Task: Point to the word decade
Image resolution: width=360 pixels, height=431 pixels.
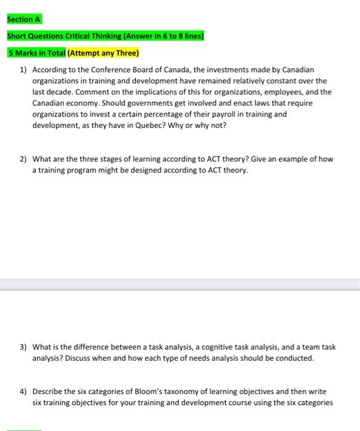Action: [x=66, y=92]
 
